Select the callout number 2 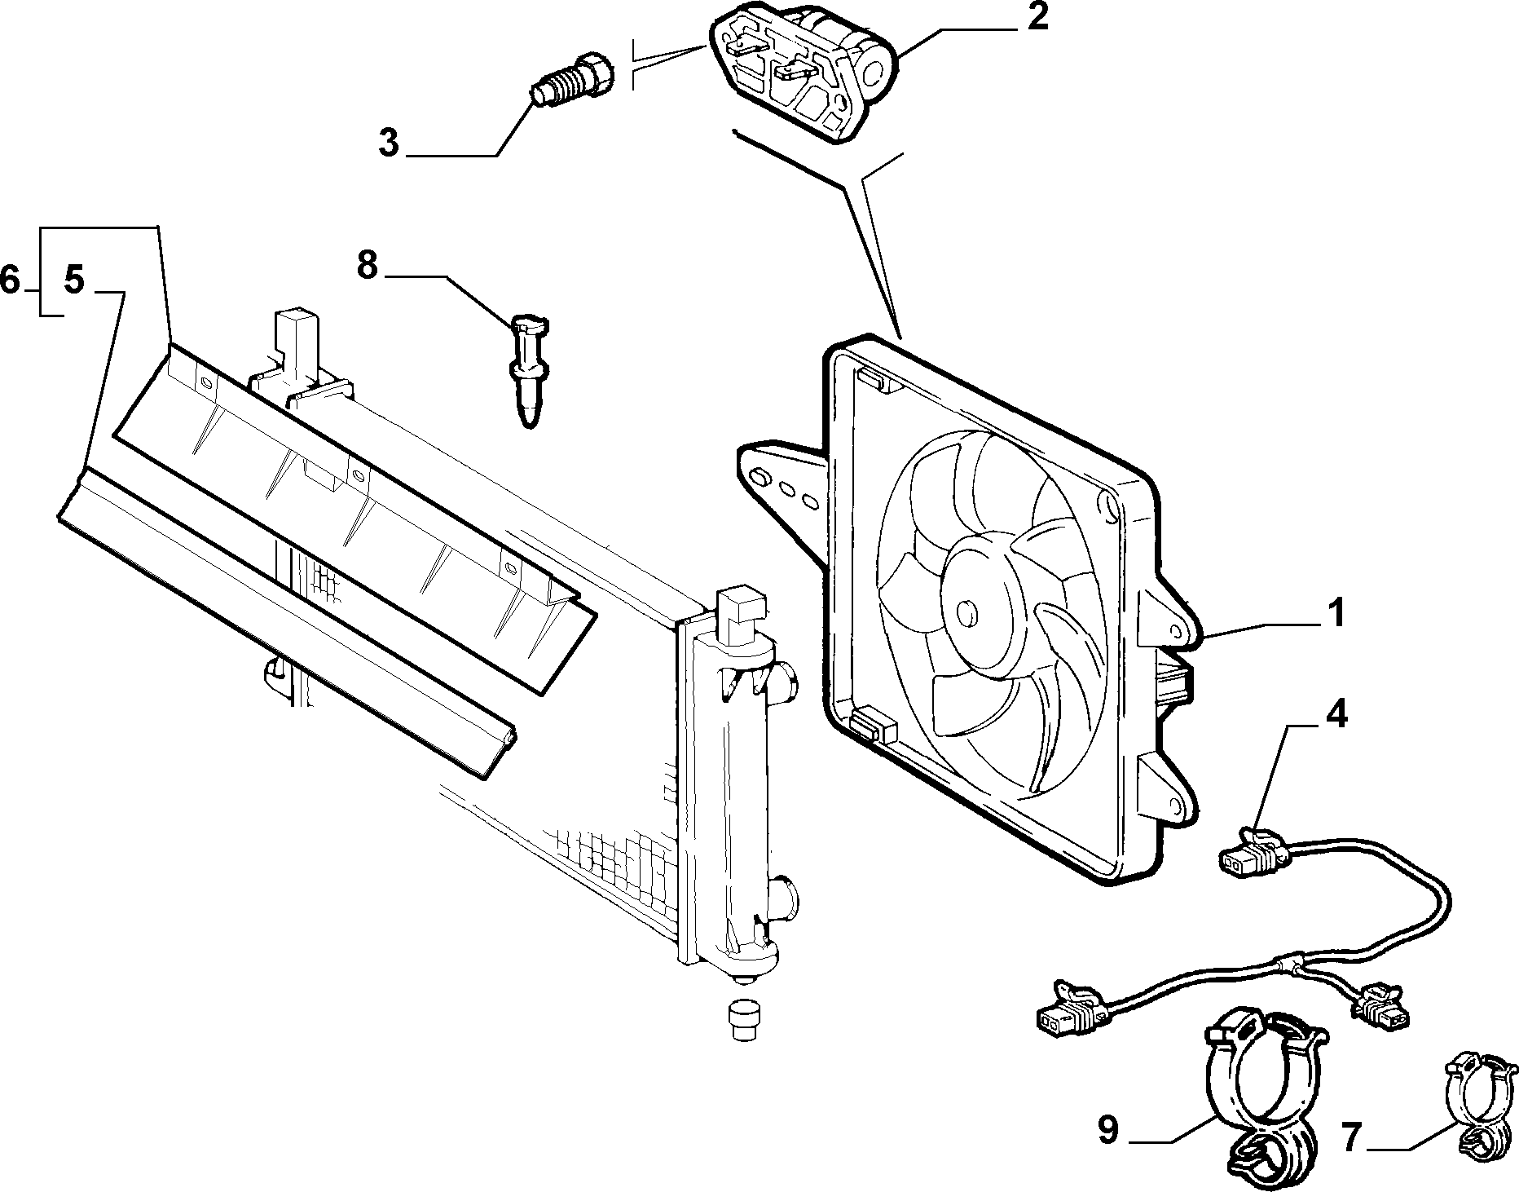click(x=1037, y=18)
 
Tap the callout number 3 click(x=389, y=143)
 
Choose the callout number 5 click(x=73, y=280)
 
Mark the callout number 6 click(x=11, y=280)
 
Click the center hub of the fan click(x=968, y=611)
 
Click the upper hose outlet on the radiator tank click(x=785, y=679)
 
